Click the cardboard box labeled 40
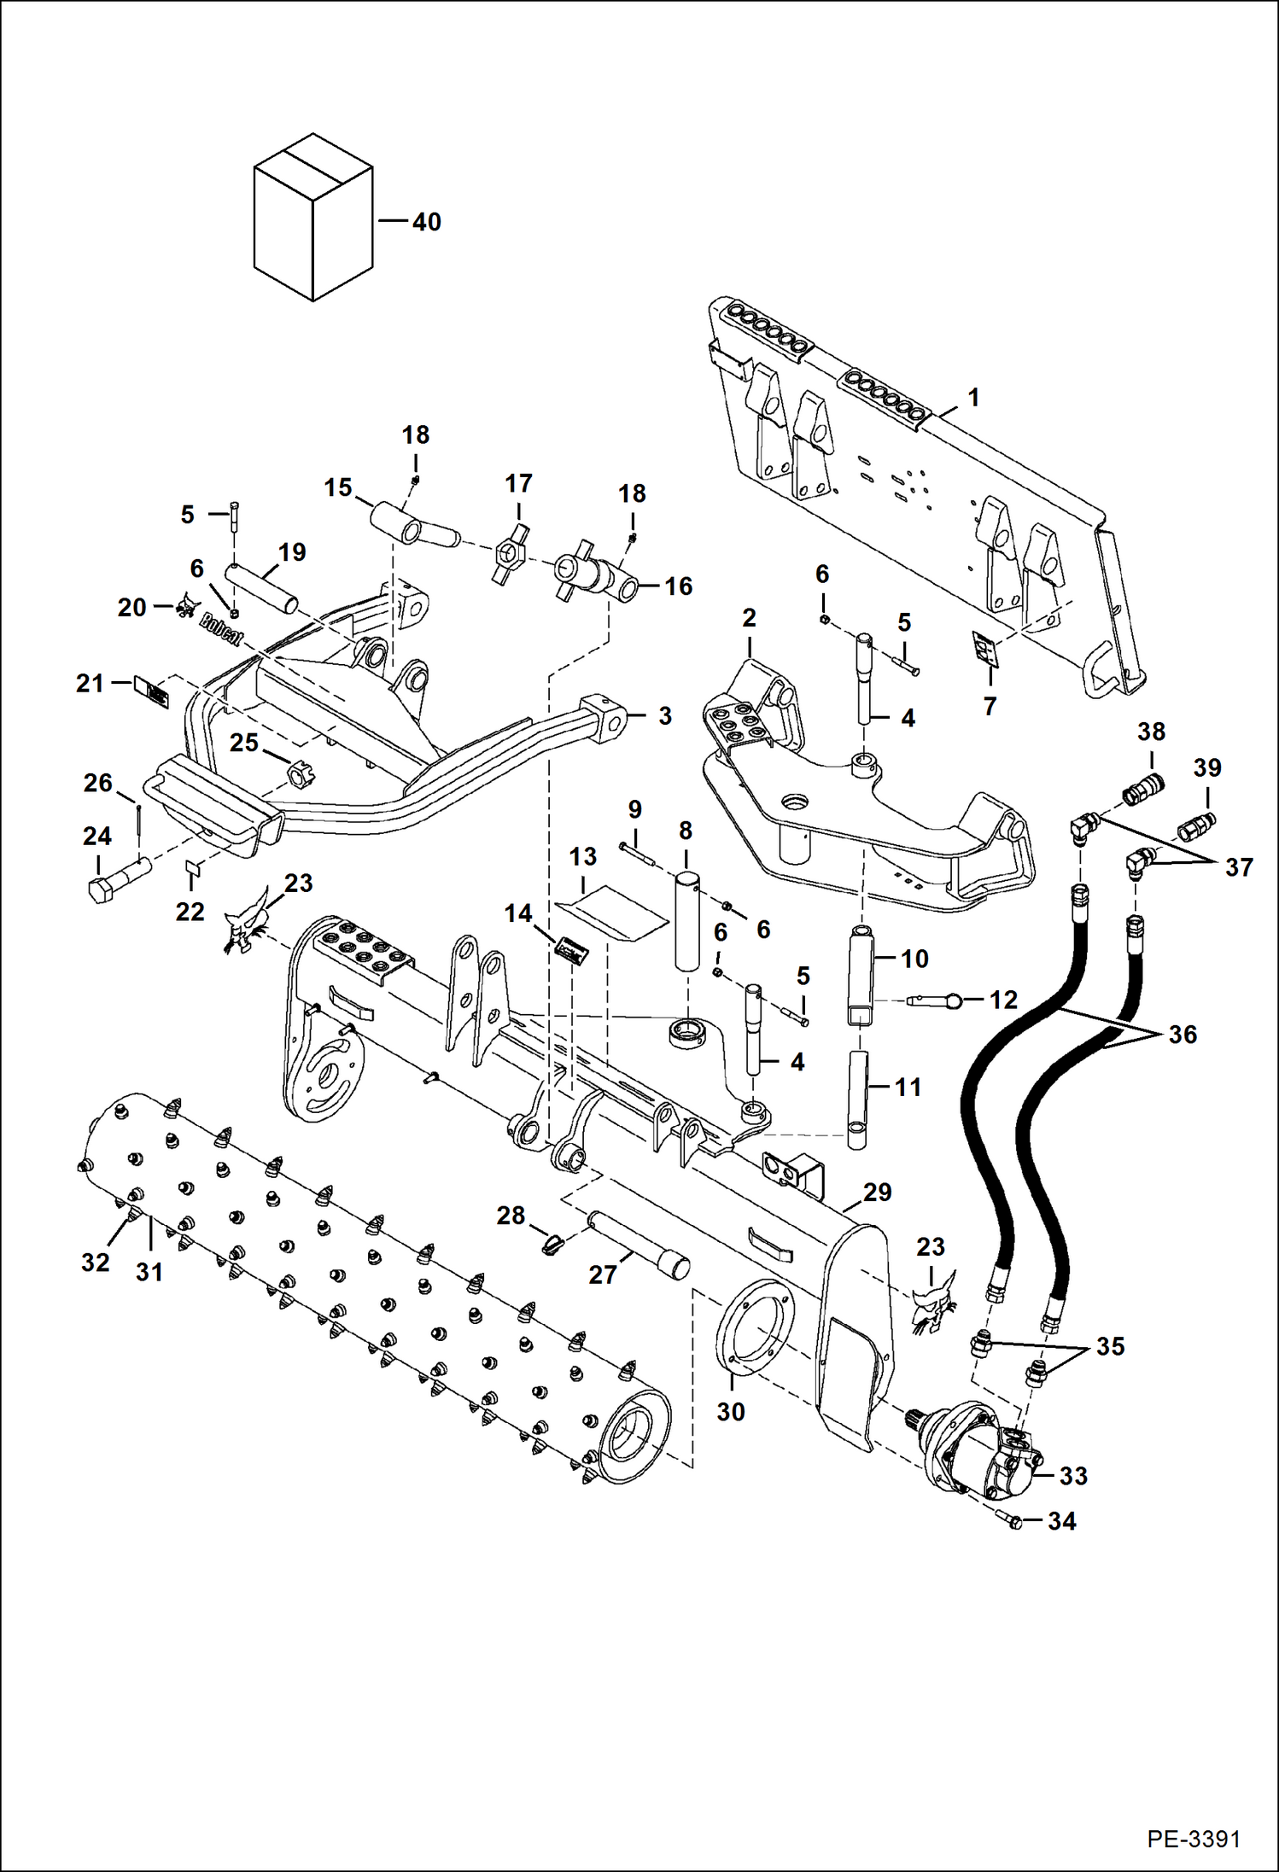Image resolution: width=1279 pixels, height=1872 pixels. coord(313,218)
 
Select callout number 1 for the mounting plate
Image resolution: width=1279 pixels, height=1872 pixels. coord(972,398)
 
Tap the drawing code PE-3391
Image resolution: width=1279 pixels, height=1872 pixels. coord(1193,1838)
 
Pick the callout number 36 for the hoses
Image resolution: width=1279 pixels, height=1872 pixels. coord(1182,1035)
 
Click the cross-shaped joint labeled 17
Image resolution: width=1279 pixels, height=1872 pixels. coord(512,555)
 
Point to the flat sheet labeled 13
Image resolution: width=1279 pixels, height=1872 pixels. coord(613,913)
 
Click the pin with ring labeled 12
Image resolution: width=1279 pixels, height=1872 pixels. coord(935,1000)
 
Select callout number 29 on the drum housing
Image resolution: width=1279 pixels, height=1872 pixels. coord(877,1192)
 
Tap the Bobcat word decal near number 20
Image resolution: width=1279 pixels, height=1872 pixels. coord(221,631)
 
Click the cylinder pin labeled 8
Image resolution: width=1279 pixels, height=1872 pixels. coord(687,920)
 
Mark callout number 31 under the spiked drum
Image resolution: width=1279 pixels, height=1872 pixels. coord(149,1272)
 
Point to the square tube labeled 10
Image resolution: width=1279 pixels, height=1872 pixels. coord(861,977)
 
